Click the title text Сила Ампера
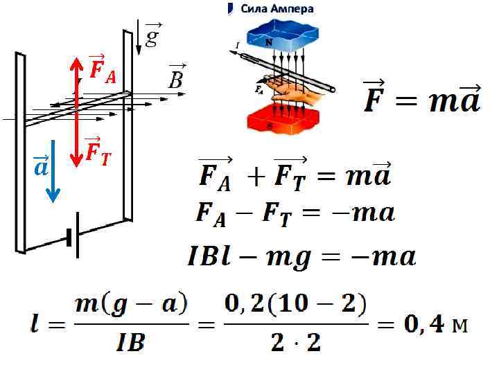pos(277,9)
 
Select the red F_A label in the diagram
pos(102,69)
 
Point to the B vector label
pos(176,79)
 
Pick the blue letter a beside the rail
pos(41,167)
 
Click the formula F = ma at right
pos(421,100)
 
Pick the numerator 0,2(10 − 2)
pos(295,305)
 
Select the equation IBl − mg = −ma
pos(301,257)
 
